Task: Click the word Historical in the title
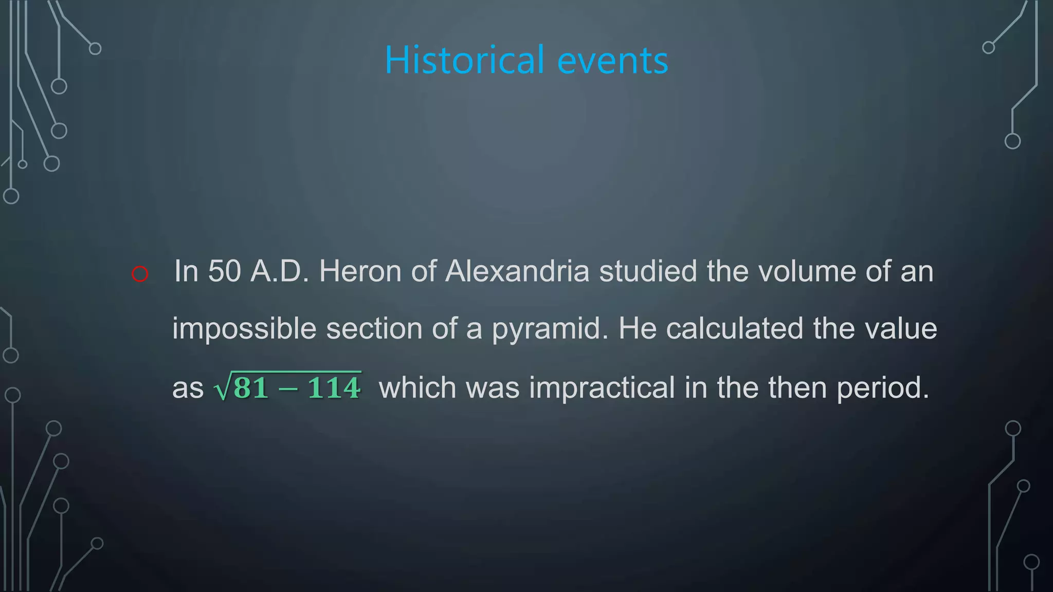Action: point(464,60)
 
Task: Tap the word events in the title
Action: point(612,61)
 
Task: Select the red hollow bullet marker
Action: point(140,274)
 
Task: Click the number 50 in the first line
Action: point(224,271)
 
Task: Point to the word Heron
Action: point(360,271)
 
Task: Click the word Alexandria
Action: point(517,271)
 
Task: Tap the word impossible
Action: point(244,329)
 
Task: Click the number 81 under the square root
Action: point(251,388)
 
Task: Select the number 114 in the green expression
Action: point(334,388)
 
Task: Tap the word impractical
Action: point(602,388)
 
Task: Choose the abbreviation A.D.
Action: point(279,271)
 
